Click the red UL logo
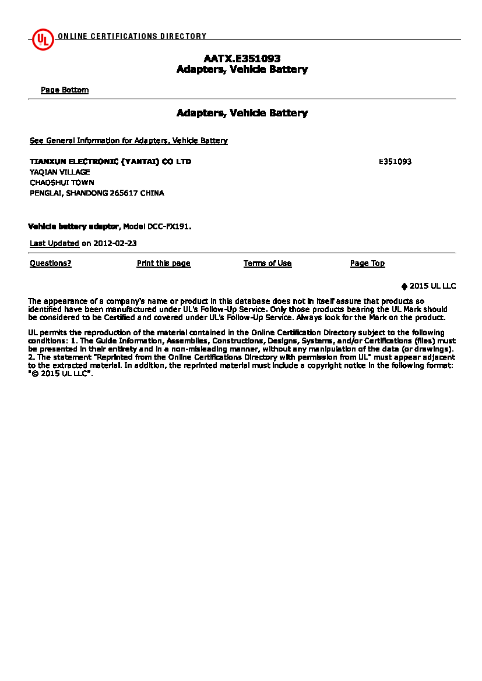pos(43,39)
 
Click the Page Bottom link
pos(65,90)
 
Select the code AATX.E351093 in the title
pos(242,59)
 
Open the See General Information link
pos(129,141)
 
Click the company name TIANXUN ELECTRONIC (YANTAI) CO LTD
pos(110,162)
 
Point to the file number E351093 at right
pos(395,162)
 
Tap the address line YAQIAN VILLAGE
pos(60,172)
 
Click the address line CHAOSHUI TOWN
pos(62,183)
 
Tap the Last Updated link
pos(54,244)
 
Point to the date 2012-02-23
pos(115,244)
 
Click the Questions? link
pos(51,264)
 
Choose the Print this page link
pos(164,264)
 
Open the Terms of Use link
pos(268,264)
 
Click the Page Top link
pos(367,264)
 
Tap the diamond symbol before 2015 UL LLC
pos(404,286)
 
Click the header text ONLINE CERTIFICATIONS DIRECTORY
pos(132,36)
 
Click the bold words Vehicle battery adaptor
pos(73,226)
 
